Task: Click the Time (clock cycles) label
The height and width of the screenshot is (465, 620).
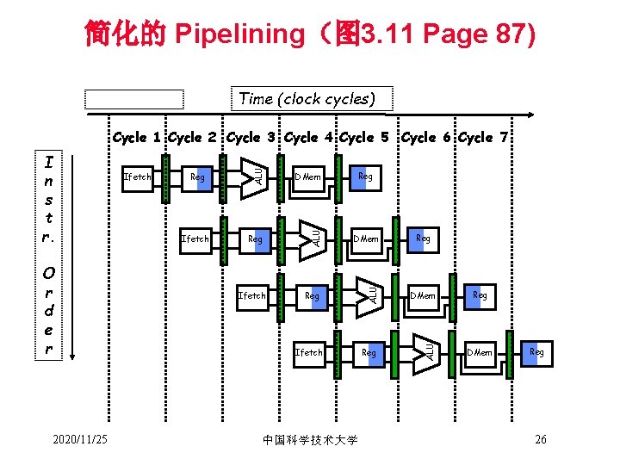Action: pyautogui.click(x=307, y=98)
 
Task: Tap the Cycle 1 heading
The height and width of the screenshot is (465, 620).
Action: pyautogui.click(x=138, y=137)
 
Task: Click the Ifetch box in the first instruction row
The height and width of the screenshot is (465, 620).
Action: pyautogui.click(x=138, y=177)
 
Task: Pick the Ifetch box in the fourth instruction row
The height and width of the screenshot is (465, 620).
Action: pyautogui.click(x=309, y=352)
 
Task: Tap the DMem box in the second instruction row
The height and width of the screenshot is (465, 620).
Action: pyautogui.click(x=367, y=239)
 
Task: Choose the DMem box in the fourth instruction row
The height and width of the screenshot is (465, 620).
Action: pyautogui.click(x=480, y=352)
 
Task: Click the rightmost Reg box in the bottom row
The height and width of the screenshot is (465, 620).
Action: pyautogui.click(x=536, y=352)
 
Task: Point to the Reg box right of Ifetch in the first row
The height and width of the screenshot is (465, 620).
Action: pyautogui.click(x=198, y=177)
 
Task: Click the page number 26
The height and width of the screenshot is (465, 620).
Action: pyautogui.click(x=541, y=440)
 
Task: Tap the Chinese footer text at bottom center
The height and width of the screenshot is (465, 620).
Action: pyautogui.click(x=309, y=440)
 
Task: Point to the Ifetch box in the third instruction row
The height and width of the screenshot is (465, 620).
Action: pyautogui.click(x=252, y=295)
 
